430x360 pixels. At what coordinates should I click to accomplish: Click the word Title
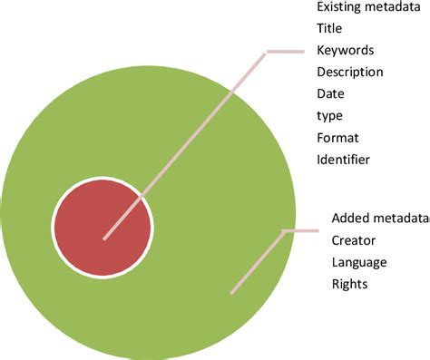click(329, 28)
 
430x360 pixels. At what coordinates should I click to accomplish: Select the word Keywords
click(345, 50)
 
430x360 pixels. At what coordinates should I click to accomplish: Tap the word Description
click(349, 72)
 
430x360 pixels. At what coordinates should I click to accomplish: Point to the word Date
click(330, 93)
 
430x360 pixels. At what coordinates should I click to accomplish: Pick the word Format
click(337, 138)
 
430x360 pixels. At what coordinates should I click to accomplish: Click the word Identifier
click(344, 161)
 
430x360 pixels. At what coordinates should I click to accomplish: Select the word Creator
click(354, 240)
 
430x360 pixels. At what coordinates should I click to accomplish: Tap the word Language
click(359, 262)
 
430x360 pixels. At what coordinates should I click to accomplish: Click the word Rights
click(350, 285)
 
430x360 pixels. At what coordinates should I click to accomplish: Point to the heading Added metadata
click(379, 218)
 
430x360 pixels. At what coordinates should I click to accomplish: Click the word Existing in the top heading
click(337, 6)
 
